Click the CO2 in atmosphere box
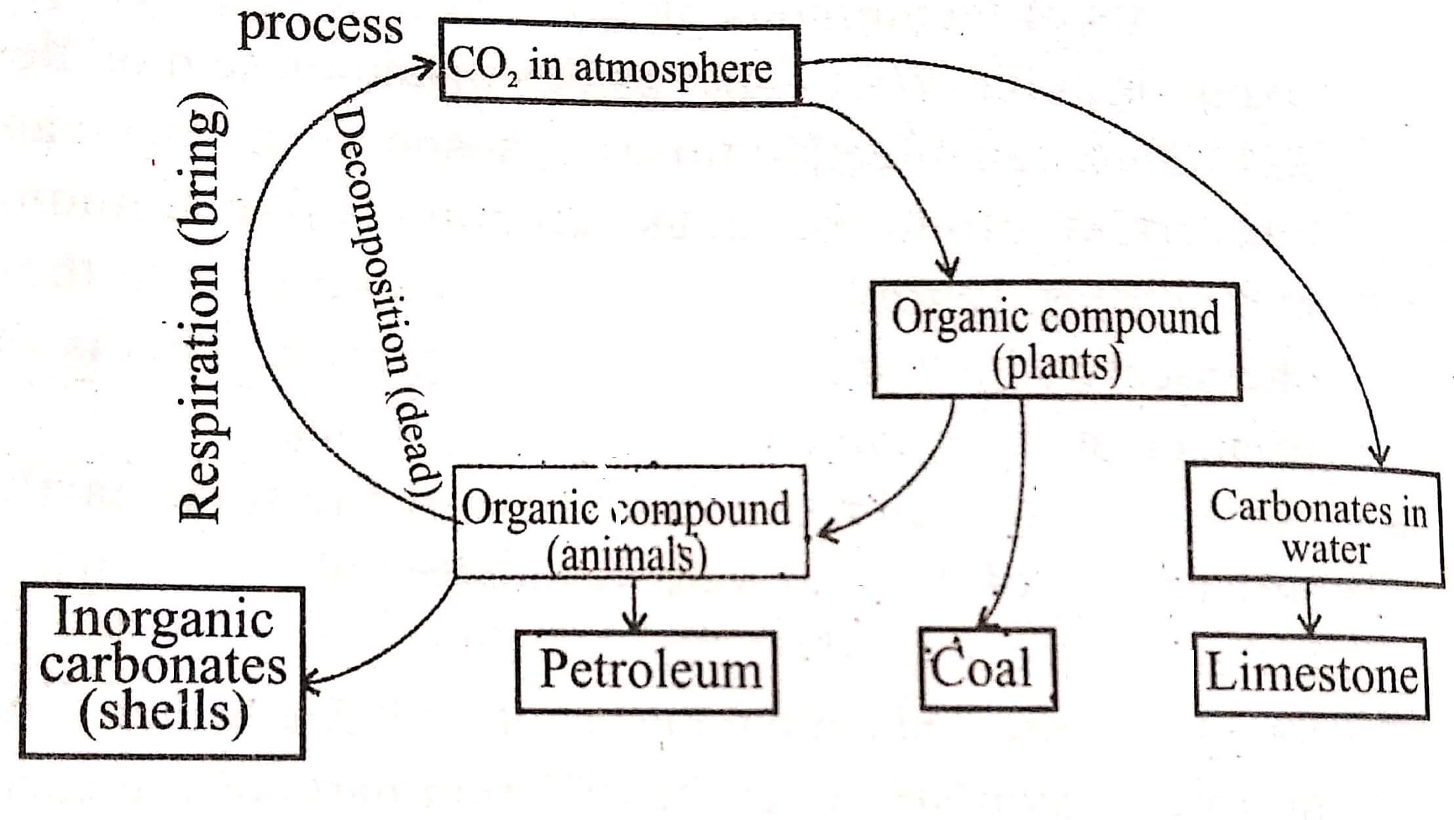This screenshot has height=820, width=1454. pyautogui.click(x=619, y=64)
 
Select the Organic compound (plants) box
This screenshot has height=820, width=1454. pyautogui.click(x=1056, y=340)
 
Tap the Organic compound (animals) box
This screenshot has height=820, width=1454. pyautogui.click(x=630, y=523)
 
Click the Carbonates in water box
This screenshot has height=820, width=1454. pyautogui.click(x=1316, y=524)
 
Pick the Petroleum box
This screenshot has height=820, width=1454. pyautogui.click(x=647, y=671)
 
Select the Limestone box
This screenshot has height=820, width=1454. pyautogui.click(x=1311, y=676)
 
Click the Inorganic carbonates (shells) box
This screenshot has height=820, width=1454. pyautogui.click(x=162, y=671)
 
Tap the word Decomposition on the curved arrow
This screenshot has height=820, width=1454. pyautogui.click(x=371, y=243)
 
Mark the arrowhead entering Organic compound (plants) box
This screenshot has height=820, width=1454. pyautogui.click(x=947, y=269)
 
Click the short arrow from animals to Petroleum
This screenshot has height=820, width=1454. pyautogui.click(x=633, y=604)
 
